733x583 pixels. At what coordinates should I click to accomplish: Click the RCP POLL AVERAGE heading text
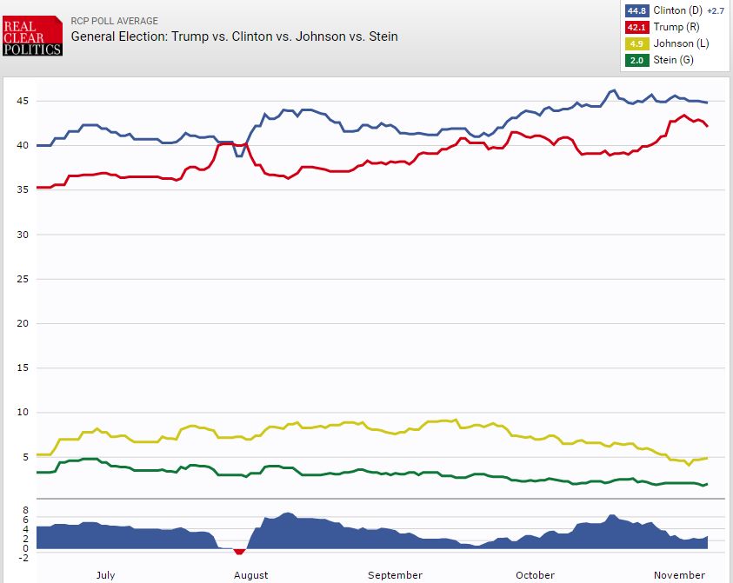[114, 21]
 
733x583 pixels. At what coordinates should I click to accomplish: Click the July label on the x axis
[104, 574]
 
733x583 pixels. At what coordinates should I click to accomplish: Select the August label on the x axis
[250, 574]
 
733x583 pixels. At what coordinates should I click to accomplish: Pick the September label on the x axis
[395, 574]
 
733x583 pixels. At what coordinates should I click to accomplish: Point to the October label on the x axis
[535, 574]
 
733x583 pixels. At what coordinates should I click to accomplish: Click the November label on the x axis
[680, 574]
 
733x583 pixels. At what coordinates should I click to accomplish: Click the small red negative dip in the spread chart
[239, 551]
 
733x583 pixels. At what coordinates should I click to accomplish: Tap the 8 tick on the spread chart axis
[26, 510]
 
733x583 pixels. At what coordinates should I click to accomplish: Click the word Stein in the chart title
[383, 36]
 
